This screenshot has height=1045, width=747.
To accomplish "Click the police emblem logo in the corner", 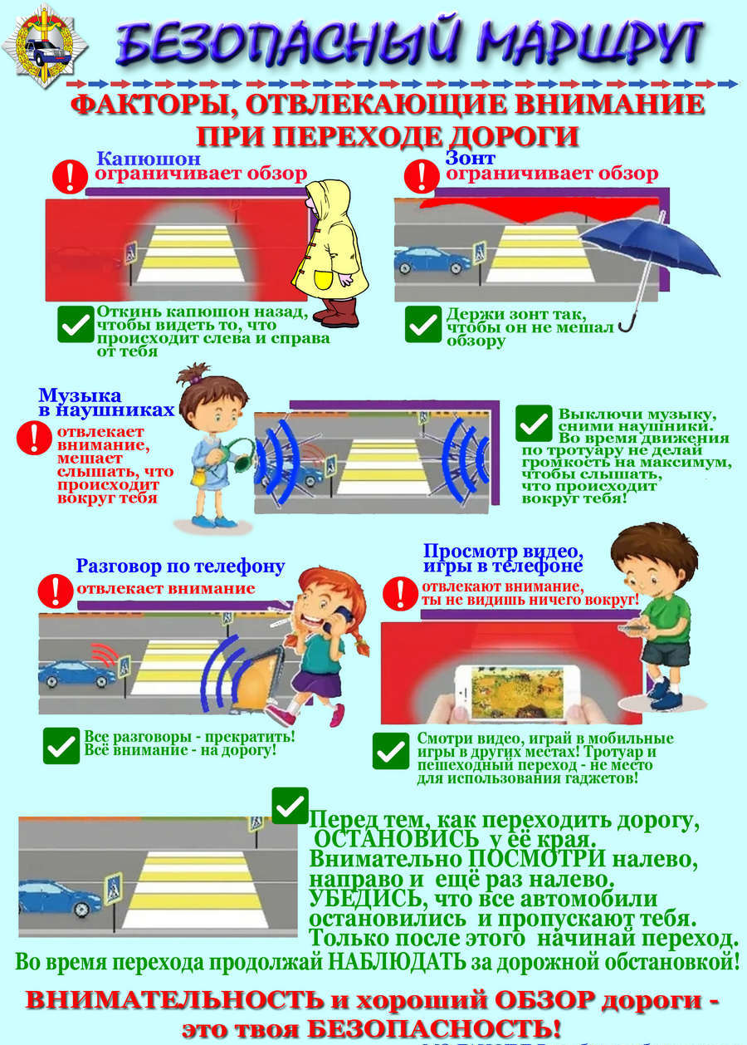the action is click(45, 46).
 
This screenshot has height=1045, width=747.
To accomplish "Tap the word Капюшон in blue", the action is click(149, 159).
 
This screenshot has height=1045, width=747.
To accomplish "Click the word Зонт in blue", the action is click(470, 158).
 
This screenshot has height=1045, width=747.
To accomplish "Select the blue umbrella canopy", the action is click(651, 245).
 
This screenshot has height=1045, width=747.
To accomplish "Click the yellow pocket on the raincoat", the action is click(324, 279).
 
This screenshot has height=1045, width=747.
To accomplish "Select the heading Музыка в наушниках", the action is click(106, 402).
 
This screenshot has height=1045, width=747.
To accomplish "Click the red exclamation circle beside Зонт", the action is click(422, 177).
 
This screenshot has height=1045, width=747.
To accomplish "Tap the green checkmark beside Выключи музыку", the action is click(534, 423).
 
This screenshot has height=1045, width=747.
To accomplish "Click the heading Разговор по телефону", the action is click(180, 567).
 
